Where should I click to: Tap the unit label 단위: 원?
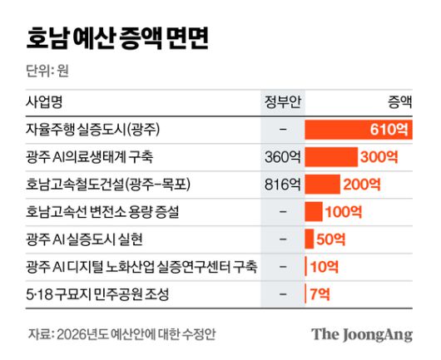47,72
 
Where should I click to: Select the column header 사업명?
43,102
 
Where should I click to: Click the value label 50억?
330,239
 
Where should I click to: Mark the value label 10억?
323,267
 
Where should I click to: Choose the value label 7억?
320,293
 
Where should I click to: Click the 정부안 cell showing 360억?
282,157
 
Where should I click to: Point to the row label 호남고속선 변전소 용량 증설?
103,212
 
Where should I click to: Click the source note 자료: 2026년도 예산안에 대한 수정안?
122,334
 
